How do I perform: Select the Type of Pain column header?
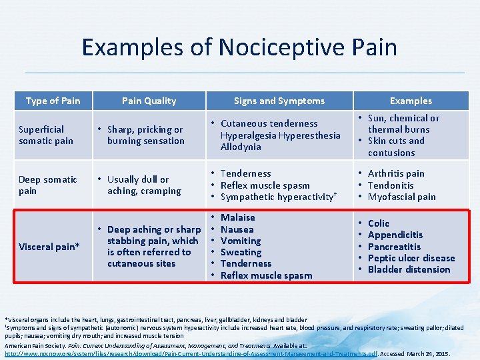(53, 101)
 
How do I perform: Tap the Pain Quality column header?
(149, 101)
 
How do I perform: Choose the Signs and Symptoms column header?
(279, 101)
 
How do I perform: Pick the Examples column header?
(411, 101)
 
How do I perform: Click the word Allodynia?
(241, 147)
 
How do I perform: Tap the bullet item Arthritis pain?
(396, 173)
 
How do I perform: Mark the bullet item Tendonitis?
(391, 185)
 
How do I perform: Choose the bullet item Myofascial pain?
(401, 197)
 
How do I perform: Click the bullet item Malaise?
(238, 217)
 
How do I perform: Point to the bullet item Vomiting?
(241, 241)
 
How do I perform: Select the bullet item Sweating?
(241, 252)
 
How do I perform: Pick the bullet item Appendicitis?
(395, 235)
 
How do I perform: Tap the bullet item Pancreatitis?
(394, 247)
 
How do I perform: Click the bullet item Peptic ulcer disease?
(411, 258)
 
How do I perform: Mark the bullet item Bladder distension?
(409, 269)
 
